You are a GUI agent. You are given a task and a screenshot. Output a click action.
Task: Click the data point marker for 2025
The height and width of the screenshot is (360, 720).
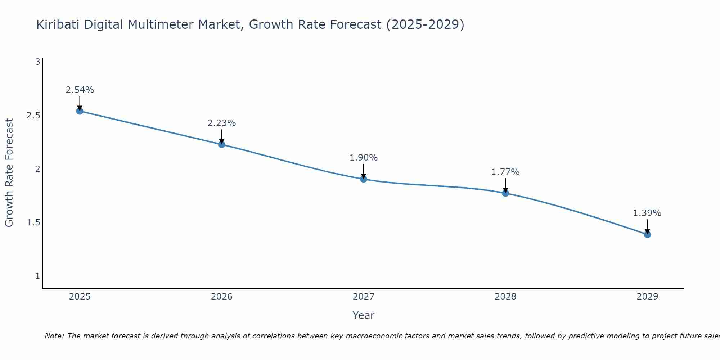(x=80, y=111)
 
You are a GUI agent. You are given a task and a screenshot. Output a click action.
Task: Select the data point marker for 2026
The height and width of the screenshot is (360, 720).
(x=222, y=144)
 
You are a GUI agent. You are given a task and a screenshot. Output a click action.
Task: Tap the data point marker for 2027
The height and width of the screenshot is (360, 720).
(x=364, y=179)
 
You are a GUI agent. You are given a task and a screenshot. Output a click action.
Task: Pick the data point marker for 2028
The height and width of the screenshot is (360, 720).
(x=505, y=193)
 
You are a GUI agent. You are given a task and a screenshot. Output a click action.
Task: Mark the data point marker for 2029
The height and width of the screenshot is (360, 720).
(x=647, y=234)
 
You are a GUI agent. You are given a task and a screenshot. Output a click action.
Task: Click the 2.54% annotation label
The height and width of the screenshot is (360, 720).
(x=80, y=90)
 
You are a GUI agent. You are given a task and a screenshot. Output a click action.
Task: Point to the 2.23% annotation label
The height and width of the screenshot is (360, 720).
(x=222, y=123)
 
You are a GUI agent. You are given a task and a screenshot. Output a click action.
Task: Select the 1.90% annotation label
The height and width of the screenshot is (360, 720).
(x=364, y=158)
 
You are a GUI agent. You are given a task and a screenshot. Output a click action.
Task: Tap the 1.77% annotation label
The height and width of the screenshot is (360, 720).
(x=505, y=172)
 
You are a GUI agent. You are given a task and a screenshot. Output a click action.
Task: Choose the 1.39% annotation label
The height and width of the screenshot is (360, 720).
(x=647, y=213)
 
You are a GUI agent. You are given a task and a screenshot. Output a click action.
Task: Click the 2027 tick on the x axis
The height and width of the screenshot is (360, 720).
(x=364, y=297)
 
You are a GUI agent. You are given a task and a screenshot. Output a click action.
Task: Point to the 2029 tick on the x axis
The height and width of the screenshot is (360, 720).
(x=647, y=297)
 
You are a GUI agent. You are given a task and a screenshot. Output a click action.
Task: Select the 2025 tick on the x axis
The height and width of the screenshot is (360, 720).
(x=80, y=297)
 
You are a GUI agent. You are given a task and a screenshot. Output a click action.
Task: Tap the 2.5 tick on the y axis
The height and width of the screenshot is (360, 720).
(x=33, y=116)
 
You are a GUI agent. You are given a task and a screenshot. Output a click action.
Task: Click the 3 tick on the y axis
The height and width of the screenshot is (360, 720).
(x=37, y=62)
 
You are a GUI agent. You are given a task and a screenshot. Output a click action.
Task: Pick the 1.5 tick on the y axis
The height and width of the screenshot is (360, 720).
(x=33, y=222)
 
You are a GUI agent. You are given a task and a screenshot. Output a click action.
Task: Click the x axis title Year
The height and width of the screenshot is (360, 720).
(x=364, y=315)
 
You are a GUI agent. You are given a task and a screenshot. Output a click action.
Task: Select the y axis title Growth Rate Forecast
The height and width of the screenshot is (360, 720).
(x=9, y=173)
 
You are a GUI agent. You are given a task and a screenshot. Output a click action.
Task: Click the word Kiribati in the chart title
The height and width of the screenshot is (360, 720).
(x=58, y=25)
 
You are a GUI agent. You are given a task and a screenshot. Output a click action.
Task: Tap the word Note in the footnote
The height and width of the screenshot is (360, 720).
(x=54, y=336)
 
